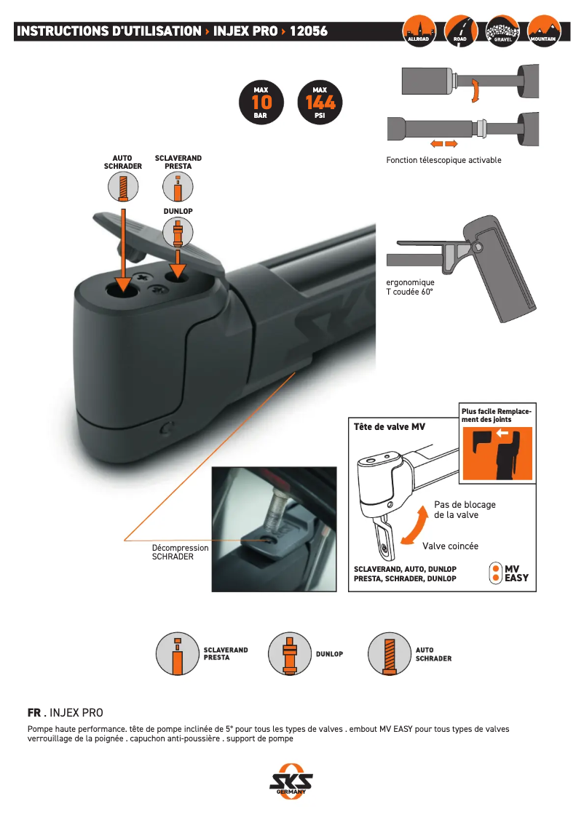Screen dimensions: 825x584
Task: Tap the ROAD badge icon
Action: click(x=460, y=31)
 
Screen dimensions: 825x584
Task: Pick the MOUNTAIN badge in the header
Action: click(x=543, y=31)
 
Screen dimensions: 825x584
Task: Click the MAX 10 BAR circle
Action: click(x=261, y=103)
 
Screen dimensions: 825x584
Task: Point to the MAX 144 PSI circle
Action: click(x=320, y=103)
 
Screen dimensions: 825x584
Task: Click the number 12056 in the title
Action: click(x=309, y=31)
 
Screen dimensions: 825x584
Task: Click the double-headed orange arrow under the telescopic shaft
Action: click(x=442, y=143)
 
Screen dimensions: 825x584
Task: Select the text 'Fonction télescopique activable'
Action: click(x=443, y=160)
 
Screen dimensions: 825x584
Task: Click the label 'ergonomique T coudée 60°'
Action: click(x=410, y=287)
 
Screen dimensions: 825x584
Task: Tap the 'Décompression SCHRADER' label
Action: click(x=180, y=552)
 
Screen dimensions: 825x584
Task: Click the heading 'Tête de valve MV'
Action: click(x=389, y=427)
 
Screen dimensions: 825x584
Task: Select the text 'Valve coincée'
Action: click(x=450, y=545)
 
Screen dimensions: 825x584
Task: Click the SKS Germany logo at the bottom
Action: click(x=291, y=782)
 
